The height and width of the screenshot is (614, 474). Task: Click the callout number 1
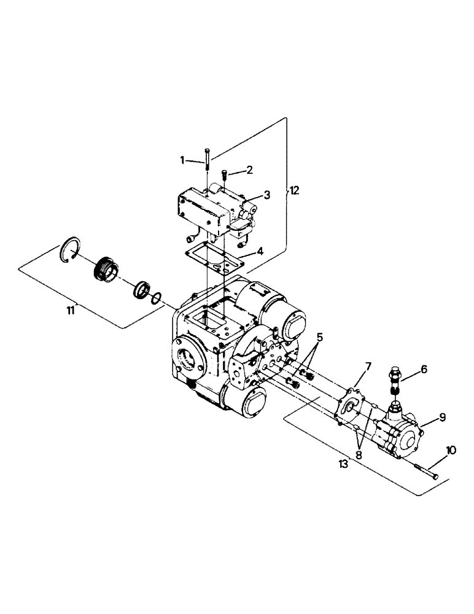click(x=182, y=160)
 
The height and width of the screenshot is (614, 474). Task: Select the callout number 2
click(x=249, y=169)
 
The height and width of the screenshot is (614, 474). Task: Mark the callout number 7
click(x=368, y=367)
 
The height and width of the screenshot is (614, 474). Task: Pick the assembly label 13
click(x=343, y=464)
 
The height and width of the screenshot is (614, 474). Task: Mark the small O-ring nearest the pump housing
click(x=157, y=298)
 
